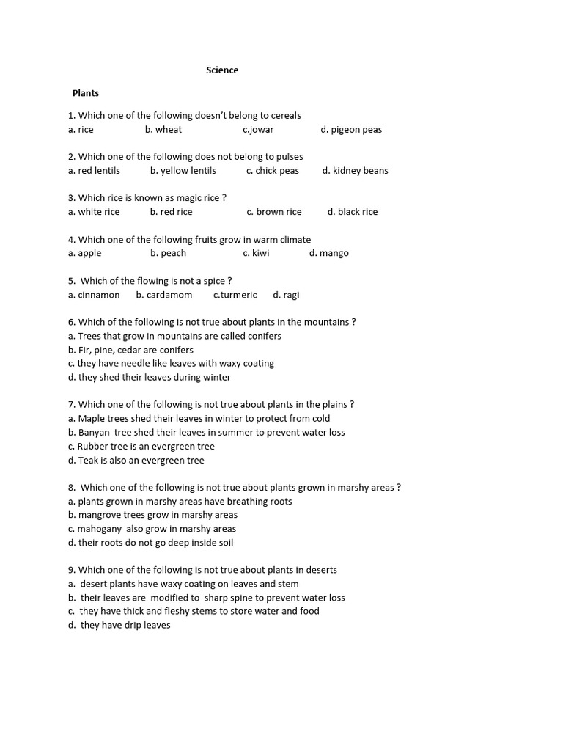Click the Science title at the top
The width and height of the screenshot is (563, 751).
[222, 70]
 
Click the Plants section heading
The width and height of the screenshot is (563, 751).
[86, 93]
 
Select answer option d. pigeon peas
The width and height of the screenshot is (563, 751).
[351, 130]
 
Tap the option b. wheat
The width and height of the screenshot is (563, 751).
[163, 130]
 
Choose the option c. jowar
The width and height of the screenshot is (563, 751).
[258, 130]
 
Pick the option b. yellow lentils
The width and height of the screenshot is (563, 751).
[183, 171]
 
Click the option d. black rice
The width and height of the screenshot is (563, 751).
[353, 212]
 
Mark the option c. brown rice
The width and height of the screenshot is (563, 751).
[273, 212]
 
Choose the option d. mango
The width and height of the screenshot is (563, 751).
[328, 253]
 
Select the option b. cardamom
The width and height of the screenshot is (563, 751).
[164, 295]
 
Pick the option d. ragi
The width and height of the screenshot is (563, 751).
[286, 295]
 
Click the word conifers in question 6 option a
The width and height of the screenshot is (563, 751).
[262, 336]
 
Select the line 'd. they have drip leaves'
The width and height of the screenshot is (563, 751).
[119, 625]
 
